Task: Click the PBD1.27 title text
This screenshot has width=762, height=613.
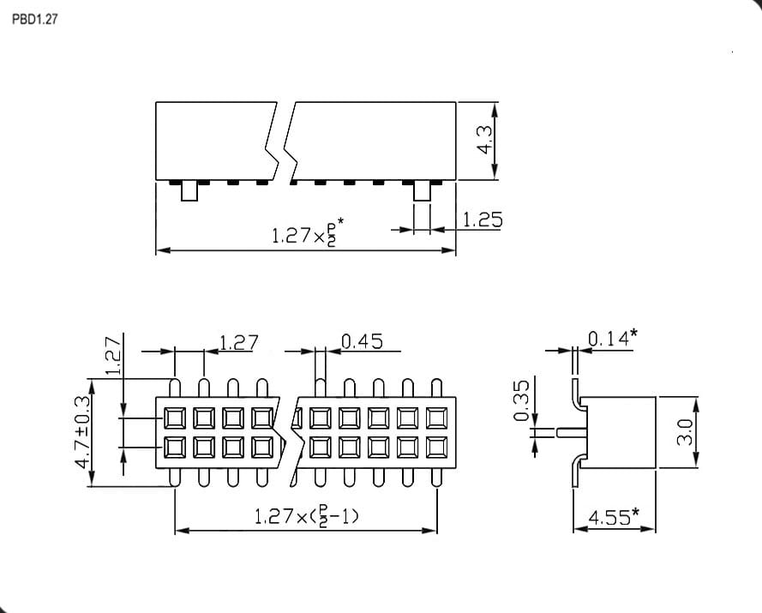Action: [x=34, y=19]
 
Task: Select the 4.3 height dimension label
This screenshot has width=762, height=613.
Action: [x=485, y=141]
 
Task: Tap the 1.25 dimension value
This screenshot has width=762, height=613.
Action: [x=482, y=219]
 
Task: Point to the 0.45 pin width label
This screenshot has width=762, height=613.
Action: [x=362, y=341]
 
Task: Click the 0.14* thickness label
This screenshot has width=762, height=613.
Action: [x=613, y=338]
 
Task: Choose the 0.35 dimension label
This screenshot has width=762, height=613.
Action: [x=520, y=400]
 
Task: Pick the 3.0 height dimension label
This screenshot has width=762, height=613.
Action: [x=684, y=432]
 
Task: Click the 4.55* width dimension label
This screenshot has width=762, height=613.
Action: [x=614, y=517]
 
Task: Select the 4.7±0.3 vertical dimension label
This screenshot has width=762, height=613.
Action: [x=83, y=432]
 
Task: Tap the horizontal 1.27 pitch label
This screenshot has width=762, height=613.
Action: [x=238, y=343]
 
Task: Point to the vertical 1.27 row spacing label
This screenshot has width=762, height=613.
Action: [x=113, y=355]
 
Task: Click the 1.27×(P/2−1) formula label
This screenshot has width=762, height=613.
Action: [x=307, y=516]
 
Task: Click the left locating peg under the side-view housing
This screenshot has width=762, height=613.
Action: [x=189, y=191]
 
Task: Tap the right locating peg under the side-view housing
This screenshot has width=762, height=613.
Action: [x=422, y=191]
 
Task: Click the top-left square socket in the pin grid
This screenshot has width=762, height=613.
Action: [x=175, y=418]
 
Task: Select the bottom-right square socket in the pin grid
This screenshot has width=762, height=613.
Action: [x=437, y=448]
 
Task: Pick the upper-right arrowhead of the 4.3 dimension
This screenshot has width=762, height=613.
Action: [x=495, y=111]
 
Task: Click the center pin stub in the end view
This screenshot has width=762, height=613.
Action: [x=573, y=433]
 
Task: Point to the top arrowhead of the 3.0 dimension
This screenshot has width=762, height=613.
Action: [x=696, y=406]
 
